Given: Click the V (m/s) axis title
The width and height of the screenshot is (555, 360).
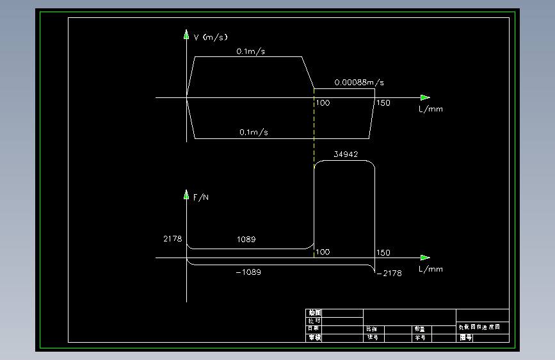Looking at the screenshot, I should click(211, 37).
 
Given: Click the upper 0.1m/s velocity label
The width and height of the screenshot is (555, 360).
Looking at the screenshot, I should click(250, 51).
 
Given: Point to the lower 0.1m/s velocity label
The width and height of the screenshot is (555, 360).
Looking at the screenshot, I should click(253, 132).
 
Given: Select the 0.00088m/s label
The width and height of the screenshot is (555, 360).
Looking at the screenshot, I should click(358, 83).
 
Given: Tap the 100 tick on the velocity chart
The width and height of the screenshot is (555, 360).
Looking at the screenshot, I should click(323, 103).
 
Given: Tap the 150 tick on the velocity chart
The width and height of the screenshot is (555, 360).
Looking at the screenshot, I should click(383, 103).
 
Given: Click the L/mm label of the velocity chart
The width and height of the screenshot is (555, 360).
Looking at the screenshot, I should click(431, 109).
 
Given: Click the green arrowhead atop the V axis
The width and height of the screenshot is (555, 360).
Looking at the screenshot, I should click(186, 34).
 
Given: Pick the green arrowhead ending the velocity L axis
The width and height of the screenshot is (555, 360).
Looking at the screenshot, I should click(425, 97).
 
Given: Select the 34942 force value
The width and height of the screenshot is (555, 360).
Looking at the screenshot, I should click(346, 154).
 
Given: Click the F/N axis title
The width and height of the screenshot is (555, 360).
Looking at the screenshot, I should click(201, 197).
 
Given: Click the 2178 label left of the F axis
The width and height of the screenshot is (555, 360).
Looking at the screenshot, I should click(172, 239).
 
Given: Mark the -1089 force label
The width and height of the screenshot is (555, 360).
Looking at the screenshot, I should click(248, 272).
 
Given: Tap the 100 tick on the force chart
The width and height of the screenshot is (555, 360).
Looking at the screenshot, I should click(323, 252).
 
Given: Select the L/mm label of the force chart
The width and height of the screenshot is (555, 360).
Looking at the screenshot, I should click(431, 269).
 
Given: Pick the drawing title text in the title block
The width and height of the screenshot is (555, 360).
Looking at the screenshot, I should click(483, 327).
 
